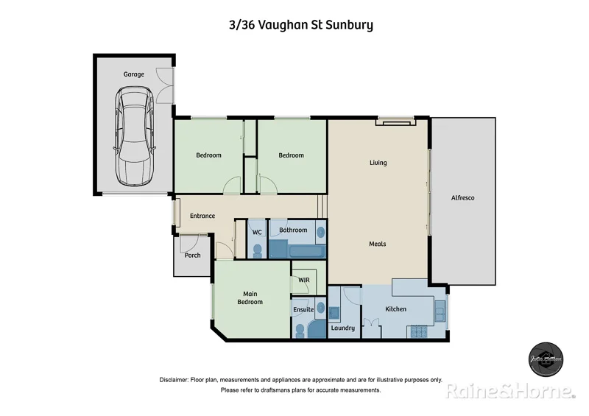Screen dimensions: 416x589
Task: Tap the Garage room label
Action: pos(133,74)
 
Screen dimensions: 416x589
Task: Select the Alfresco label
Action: pos(462,197)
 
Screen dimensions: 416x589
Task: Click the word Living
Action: pos(378,163)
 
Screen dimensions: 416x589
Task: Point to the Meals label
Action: pos(378,244)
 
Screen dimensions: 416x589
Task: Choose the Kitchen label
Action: pos(395,309)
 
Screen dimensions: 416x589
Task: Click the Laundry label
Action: pos(343,328)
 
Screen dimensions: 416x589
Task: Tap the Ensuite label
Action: pos(303,309)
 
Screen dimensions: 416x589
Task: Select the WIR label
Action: pos(303,281)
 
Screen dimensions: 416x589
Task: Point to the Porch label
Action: pos(192,255)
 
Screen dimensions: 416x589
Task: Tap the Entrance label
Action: pos(202,216)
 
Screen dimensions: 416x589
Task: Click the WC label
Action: pos(257,232)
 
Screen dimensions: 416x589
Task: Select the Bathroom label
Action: pos(293,230)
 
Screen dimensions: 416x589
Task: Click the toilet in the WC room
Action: pos(257,250)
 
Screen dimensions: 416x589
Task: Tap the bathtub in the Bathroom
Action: pos(297,250)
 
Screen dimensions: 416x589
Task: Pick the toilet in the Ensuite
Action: pos(300,331)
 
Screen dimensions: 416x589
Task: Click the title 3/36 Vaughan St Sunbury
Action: pos(300,25)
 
